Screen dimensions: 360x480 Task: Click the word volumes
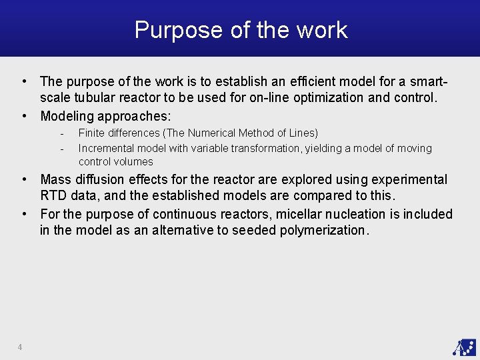point(134,161)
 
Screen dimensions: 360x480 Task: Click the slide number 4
point(20,347)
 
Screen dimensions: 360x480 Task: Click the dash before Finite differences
point(61,133)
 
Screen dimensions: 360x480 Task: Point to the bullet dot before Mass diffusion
point(25,179)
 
